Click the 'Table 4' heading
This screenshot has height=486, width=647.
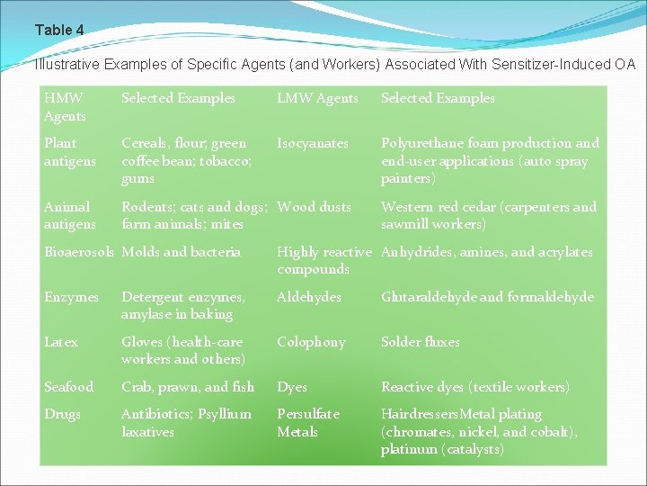59,31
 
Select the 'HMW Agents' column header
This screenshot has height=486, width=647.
65,107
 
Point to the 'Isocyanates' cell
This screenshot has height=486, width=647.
312,143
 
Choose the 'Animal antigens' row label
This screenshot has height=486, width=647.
69,215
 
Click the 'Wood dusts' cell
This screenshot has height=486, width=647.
314,207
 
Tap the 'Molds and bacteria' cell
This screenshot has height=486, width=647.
181,252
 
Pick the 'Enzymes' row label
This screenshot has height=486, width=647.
71,297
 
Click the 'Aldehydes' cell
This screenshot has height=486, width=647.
308,297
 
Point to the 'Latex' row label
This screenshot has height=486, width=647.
61,342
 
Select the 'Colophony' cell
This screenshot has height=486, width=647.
311,342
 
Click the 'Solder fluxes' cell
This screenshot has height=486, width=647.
420,342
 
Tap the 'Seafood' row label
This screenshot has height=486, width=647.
68,387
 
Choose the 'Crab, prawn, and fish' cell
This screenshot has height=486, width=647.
188,387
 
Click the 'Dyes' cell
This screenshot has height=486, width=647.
292,387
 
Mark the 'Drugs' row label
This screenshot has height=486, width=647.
62,414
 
